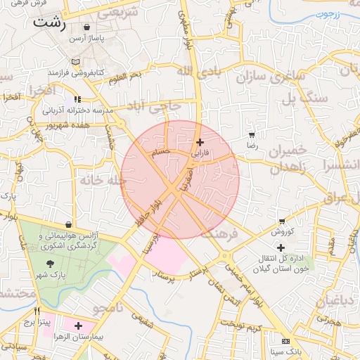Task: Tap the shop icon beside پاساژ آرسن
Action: [x=86, y=27]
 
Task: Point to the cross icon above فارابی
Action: [x=200, y=142]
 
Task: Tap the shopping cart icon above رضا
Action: [x=252, y=134]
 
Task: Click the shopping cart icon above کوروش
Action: [x=282, y=221]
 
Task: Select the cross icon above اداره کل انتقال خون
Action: [x=281, y=247]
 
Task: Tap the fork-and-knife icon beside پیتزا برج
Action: [x=37, y=311]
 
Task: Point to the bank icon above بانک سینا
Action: [x=285, y=340]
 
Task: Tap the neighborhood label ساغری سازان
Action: [x=271, y=73]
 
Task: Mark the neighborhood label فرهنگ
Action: [x=220, y=232]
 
